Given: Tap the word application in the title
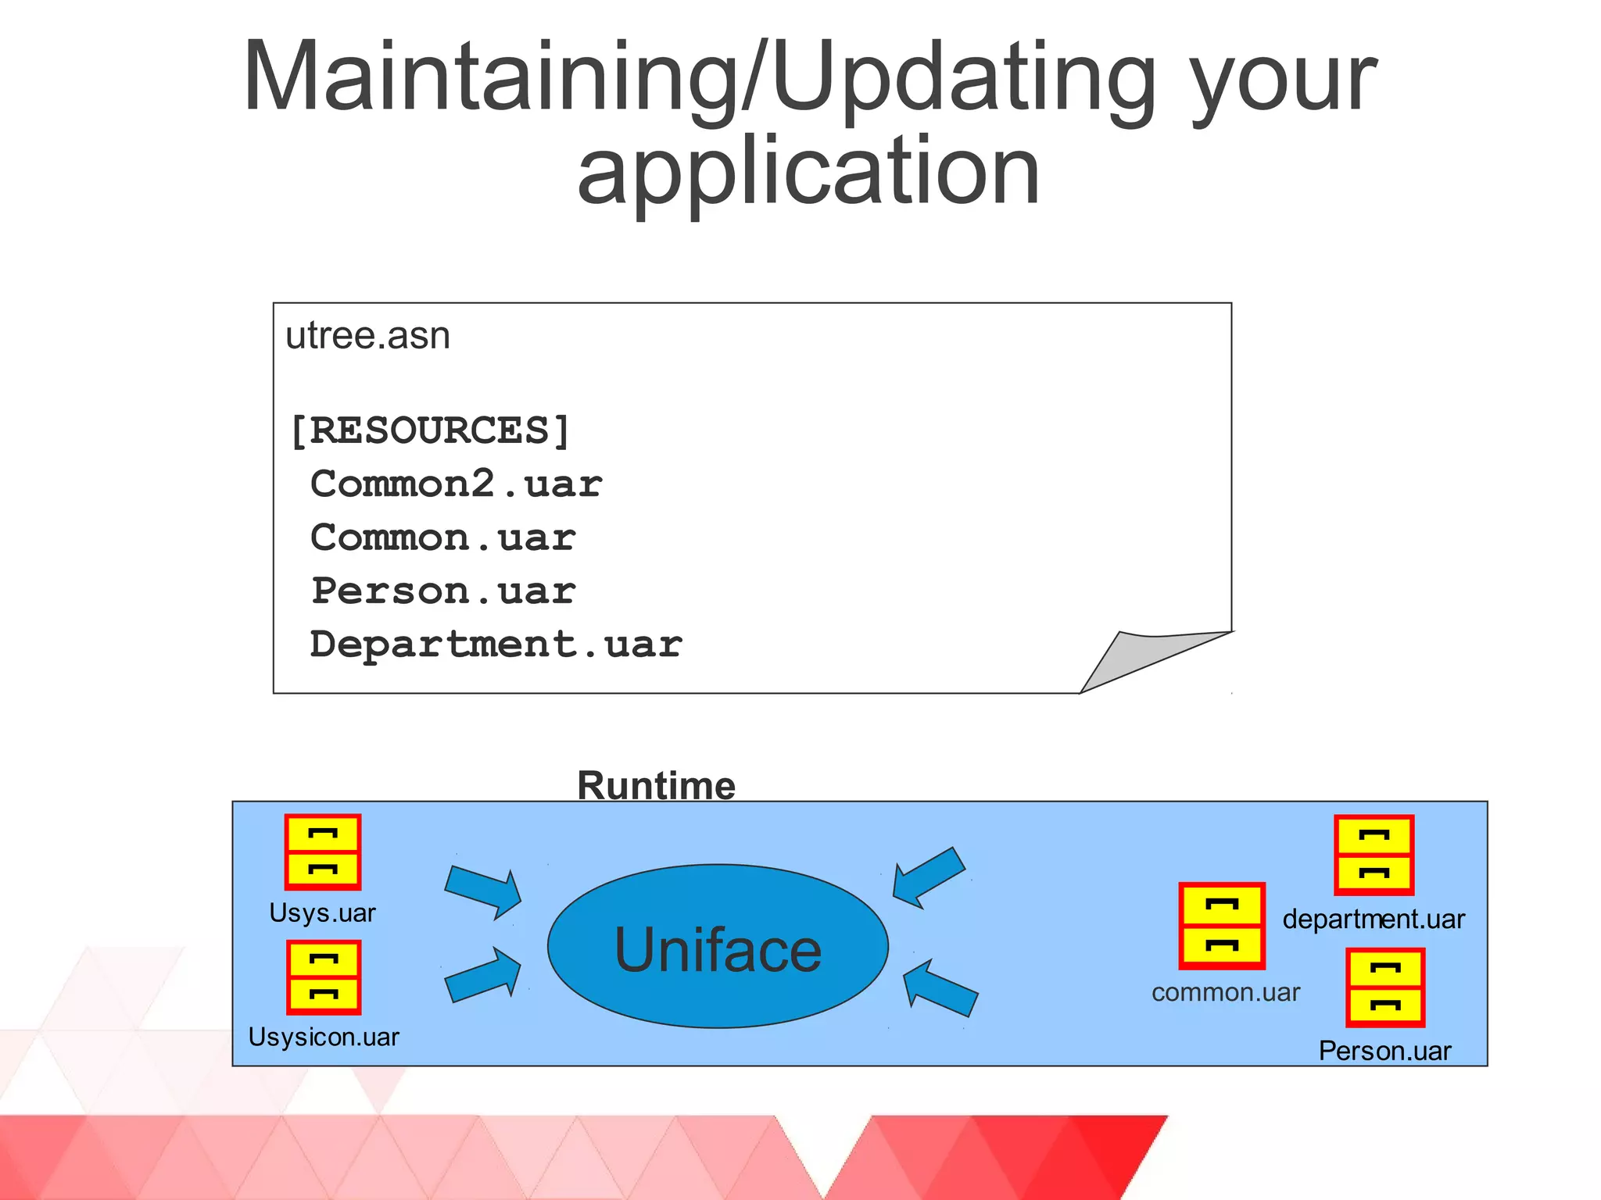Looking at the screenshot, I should click(808, 172).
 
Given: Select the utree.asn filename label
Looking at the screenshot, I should click(367, 336).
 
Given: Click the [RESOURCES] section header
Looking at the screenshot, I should click(430, 430).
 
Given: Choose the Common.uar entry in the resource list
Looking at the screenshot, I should click(442, 537).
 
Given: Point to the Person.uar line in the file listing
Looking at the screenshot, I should click(443, 591).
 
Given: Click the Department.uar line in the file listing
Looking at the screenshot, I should click(496, 645).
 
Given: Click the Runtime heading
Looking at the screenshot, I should click(656, 785).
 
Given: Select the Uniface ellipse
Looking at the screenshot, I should click(718, 946).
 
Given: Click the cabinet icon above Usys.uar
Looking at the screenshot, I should click(323, 852).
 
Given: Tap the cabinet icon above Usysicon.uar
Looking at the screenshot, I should click(324, 977).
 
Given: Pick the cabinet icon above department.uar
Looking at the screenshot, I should click(1374, 855).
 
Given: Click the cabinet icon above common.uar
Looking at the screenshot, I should click(1221, 926).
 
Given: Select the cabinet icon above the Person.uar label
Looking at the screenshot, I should click(1385, 987).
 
